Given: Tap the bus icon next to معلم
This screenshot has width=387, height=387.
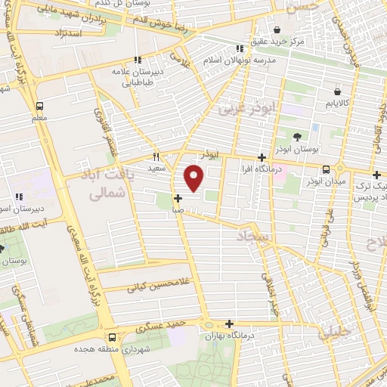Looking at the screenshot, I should click(x=39, y=106).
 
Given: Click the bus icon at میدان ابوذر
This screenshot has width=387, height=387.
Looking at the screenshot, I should click(x=325, y=169).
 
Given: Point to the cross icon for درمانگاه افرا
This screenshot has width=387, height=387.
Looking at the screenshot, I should click(x=262, y=158).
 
